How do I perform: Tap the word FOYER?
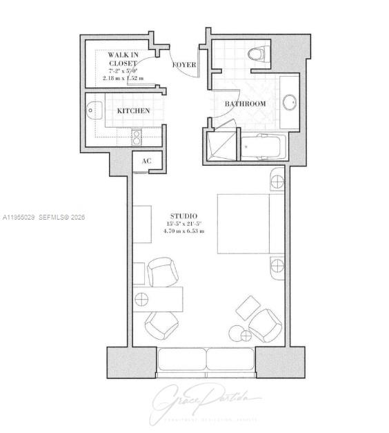184,65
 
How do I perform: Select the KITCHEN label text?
133,110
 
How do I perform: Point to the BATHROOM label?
245,104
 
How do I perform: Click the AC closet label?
146,161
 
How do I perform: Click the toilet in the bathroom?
259,53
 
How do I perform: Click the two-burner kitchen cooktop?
137,137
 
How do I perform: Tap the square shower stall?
221,146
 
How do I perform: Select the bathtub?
262,146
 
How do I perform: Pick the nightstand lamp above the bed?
277,182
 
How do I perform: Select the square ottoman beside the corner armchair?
248,307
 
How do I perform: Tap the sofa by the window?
206,360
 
